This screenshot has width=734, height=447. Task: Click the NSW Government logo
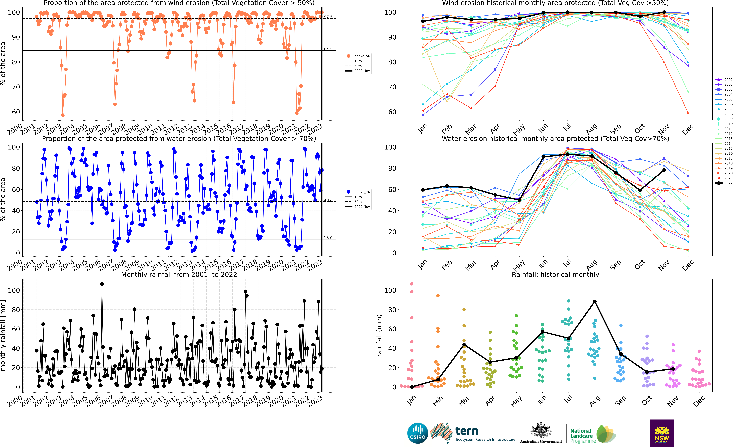(662, 433)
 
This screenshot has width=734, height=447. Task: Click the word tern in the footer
(467, 431)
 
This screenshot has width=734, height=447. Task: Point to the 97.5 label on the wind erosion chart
(328, 17)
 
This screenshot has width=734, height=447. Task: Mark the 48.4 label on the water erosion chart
(328, 200)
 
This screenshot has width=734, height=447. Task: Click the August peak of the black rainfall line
(595, 302)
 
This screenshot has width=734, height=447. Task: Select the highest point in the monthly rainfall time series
(102, 284)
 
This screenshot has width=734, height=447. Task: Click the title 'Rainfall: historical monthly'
(555, 274)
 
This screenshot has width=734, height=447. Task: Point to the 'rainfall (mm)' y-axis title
(379, 335)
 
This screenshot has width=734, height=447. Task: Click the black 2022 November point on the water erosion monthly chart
(664, 170)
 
